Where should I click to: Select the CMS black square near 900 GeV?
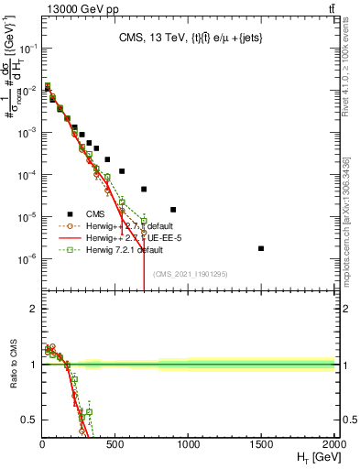[x=173, y=210]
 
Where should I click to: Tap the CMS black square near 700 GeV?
[x=144, y=190]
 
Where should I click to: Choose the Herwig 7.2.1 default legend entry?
[x=126, y=249]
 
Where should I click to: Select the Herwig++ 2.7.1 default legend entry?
[x=127, y=225]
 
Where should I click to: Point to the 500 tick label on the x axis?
[x=115, y=444]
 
